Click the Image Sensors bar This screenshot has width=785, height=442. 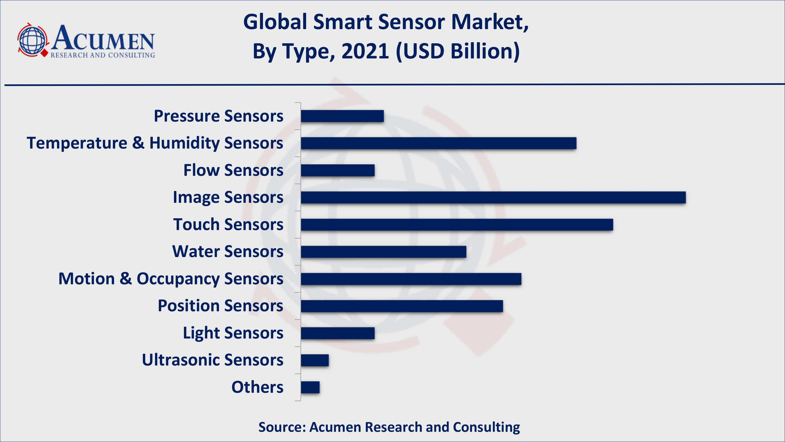coord(493,197)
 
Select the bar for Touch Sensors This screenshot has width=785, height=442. coord(457,225)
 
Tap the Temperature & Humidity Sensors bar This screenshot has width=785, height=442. coord(439,143)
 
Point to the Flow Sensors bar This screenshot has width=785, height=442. coord(338,170)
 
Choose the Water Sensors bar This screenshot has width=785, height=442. coord(383,252)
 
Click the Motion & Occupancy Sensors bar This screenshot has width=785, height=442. coord(411,279)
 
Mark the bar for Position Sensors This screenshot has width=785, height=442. coord(402,306)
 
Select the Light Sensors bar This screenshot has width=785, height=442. coord(338,333)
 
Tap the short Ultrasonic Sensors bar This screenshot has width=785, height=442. coord(315,360)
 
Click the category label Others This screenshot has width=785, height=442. coord(257,387)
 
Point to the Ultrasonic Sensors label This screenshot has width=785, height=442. coord(212,360)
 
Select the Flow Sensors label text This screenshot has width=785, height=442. coord(233,170)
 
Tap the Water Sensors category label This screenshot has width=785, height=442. coord(228,252)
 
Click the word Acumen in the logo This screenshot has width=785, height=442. coord(103,39)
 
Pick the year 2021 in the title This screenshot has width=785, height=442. coord(365,51)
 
